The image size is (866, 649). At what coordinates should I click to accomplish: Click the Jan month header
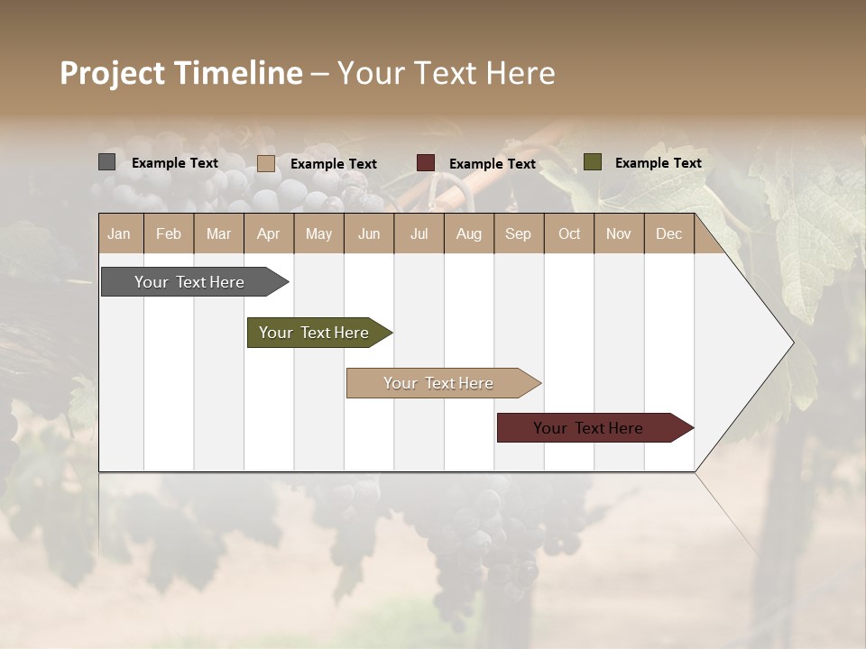[120, 233]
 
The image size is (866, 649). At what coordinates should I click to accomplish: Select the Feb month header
[169, 233]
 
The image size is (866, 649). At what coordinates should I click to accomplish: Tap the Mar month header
[218, 233]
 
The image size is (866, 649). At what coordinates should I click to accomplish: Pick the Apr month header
[269, 233]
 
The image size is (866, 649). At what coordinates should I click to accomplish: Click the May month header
[318, 233]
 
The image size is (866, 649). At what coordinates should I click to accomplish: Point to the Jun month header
[369, 233]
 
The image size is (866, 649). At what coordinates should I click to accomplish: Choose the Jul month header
[419, 233]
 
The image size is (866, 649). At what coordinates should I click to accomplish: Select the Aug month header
[469, 233]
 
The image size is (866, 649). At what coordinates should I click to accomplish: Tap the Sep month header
[519, 233]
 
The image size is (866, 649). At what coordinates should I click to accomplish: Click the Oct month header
[569, 233]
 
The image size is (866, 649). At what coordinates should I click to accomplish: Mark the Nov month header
[619, 233]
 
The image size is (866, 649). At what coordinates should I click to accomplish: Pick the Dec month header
[669, 233]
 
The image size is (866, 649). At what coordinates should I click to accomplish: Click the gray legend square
[107, 162]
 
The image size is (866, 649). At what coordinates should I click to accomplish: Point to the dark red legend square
[426, 163]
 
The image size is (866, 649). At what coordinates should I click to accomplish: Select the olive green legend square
[593, 162]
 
